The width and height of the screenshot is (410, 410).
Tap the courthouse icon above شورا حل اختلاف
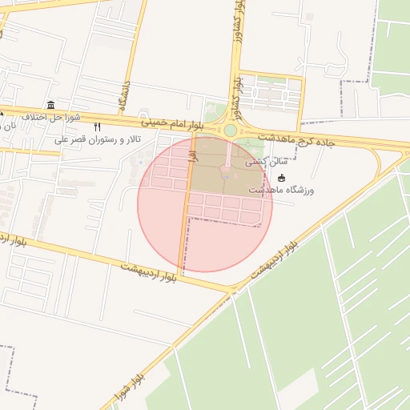[51, 105]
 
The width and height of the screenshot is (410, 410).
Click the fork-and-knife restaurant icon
[98, 127]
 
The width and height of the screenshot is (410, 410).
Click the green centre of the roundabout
[231, 131]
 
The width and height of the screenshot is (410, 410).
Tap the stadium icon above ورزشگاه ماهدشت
[281, 178]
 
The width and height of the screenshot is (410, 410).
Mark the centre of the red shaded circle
[205, 204]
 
